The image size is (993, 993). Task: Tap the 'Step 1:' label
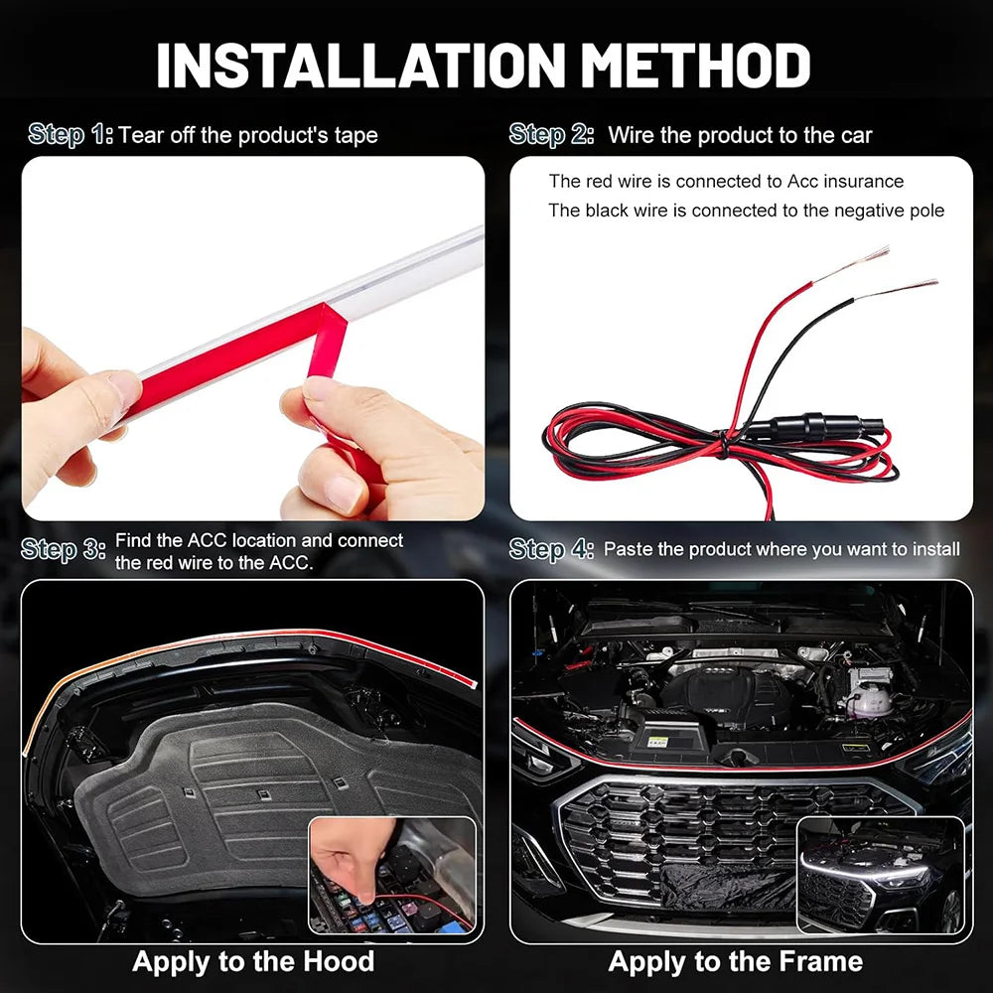(x=71, y=134)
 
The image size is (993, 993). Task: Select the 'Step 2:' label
(x=551, y=134)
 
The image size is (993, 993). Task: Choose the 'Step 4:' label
(x=551, y=549)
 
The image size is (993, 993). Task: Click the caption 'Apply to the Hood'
(x=253, y=961)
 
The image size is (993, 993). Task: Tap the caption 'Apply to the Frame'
(x=735, y=961)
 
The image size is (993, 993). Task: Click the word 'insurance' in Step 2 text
(x=861, y=182)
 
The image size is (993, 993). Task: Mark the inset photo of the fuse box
(x=392, y=874)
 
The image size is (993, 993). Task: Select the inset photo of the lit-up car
(x=880, y=874)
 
